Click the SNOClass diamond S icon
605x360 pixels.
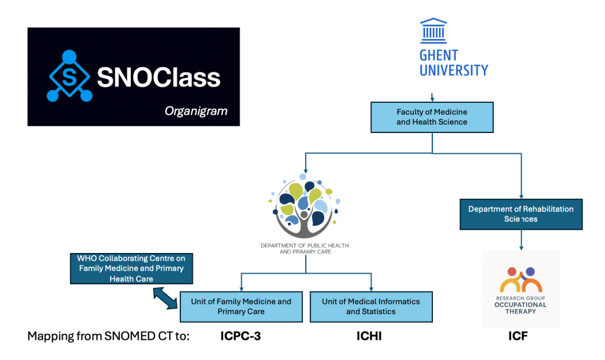pos(70,77)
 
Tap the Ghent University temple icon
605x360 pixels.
pos(433,31)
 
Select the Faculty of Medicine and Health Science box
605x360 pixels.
pos(432,117)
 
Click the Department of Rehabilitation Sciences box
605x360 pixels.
pos(520,213)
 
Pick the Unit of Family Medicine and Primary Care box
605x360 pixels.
pos(241,306)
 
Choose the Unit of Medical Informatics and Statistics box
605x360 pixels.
pos(371,306)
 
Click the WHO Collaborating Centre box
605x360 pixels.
pos(131,268)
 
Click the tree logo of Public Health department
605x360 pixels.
pos(305,205)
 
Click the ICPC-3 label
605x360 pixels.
pos(237,337)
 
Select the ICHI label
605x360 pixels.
pos(370,337)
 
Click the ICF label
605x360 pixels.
pos(518,337)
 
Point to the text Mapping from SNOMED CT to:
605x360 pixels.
pos(108,337)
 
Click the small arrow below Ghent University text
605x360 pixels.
pos(432,96)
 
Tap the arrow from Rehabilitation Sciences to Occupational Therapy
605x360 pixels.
pos(521,239)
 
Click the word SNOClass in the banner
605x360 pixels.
pos(158,77)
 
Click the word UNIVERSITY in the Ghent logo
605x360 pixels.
pos(454,70)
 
